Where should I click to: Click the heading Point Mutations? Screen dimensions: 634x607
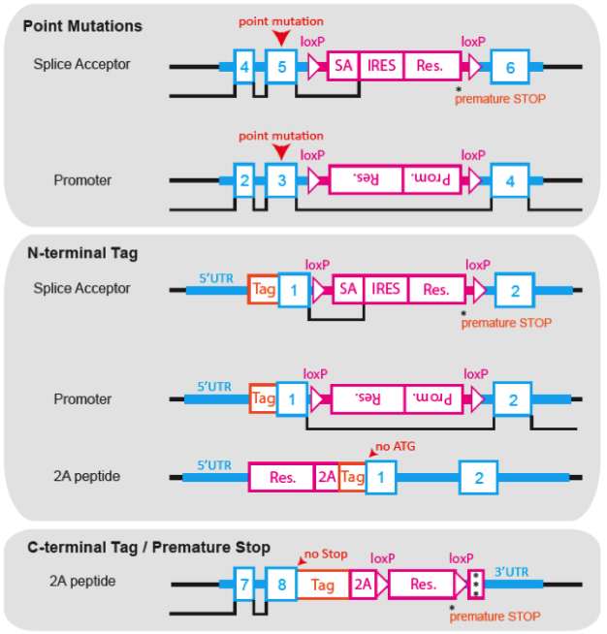click(x=82, y=26)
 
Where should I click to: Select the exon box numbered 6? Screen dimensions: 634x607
click(x=510, y=67)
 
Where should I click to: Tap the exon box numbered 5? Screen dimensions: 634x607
click(x=281, y=67)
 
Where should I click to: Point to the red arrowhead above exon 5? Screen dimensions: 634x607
click(x=281, y=37)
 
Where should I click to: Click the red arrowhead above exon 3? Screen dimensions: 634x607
click(x=281, y=152)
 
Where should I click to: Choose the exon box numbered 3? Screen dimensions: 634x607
click(x=281, y=180)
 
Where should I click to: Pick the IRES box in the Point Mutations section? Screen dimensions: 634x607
click(x=382, y=66)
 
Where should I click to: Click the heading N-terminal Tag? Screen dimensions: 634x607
click(x=82, y=253)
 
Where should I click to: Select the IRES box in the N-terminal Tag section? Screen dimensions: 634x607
click(x=385, y=289)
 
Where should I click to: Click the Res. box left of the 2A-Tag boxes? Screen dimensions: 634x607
click(x=282, y=477)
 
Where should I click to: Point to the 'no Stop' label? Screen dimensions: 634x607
click(x=325, y=555)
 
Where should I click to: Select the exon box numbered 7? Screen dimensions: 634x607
click(x=245, y=585)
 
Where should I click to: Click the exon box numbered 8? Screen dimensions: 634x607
click(x=281, y=585)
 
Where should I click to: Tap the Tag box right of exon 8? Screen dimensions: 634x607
click(x=323, y=585)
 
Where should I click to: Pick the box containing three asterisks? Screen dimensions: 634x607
click(x=475, y=585)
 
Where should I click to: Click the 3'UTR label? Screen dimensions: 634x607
click(x=513, y=571)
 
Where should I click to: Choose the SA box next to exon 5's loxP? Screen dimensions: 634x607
click(x=343, y=66)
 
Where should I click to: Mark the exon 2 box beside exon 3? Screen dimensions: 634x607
click(x=245, y=180)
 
